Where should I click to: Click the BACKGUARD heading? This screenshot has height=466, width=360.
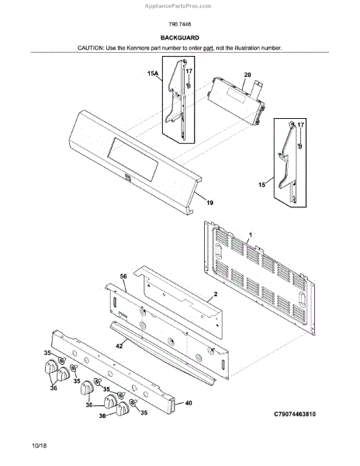point(179,38)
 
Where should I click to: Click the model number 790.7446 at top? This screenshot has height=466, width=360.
point(180,24)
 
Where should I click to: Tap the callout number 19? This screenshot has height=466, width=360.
point(209,203)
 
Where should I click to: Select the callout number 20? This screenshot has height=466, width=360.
point(247,75)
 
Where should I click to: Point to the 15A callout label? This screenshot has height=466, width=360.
point(153,74)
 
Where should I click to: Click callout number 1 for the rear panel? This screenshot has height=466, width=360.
point(250,235)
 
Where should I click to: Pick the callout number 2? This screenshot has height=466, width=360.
point(216,294)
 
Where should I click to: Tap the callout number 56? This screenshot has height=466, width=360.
point(123,276)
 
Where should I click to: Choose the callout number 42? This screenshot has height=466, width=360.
point(119,346)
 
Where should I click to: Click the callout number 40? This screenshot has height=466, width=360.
point(189,403)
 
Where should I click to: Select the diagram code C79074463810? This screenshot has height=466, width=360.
point(295,414)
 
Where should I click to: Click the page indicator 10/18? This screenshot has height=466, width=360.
point(40,446)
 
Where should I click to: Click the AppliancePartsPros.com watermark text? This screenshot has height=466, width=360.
point(178,6)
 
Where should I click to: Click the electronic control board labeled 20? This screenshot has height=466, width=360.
point(236,101)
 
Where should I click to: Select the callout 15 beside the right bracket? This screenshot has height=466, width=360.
point(261,185)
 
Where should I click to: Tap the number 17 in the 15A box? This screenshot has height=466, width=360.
point(189,71)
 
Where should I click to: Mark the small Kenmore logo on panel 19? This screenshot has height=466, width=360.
point(128,177)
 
